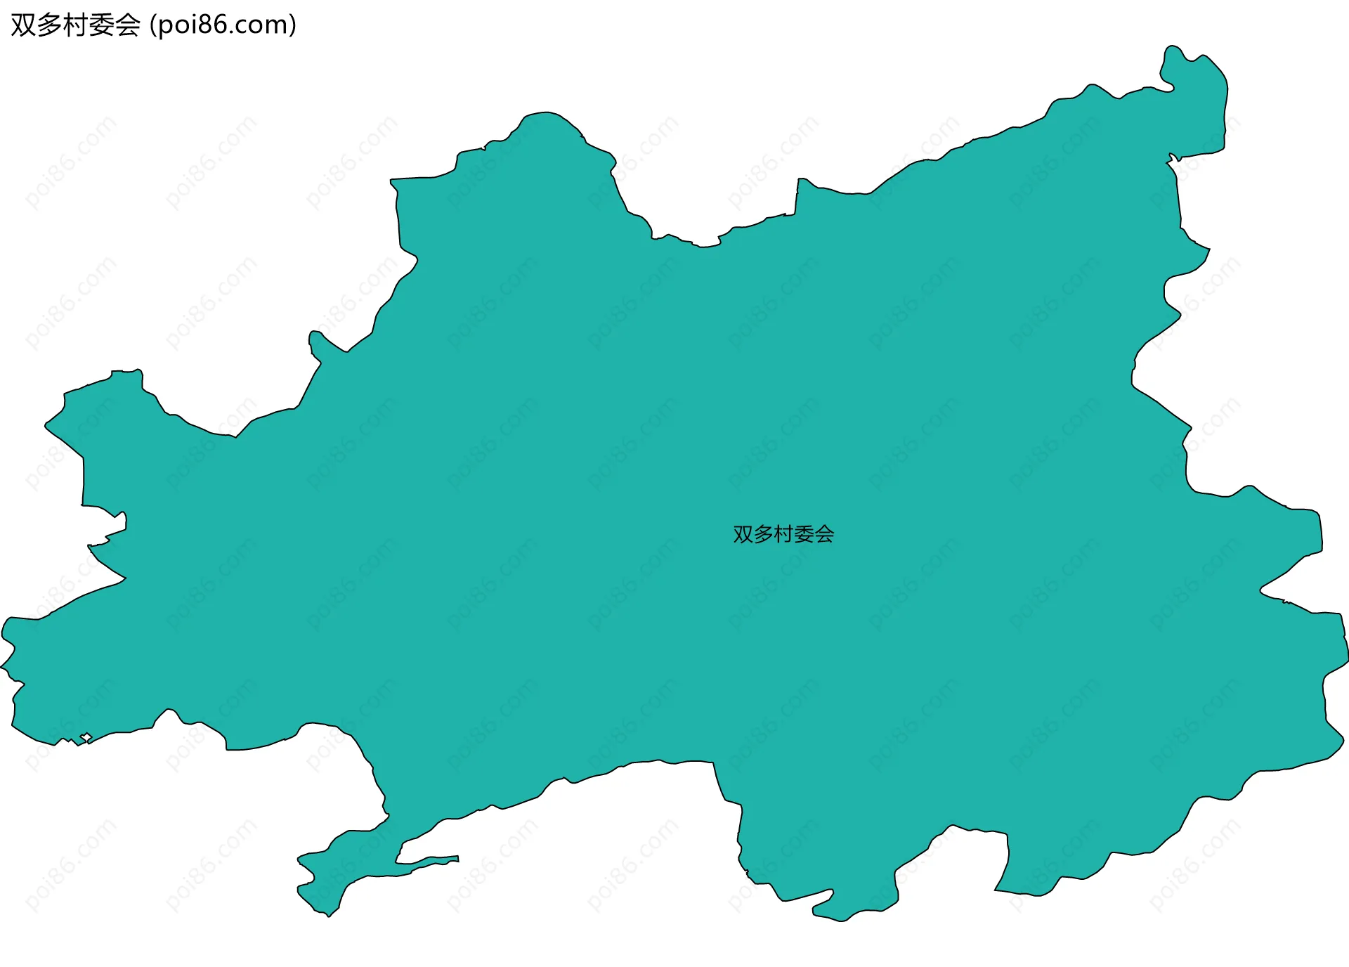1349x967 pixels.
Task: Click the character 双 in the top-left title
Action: [23, 25]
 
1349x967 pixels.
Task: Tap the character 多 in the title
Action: [49, 25]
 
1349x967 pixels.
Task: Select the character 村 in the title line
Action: [75, 25]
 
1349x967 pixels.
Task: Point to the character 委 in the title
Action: [101, 25]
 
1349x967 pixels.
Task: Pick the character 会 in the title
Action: [127, 25]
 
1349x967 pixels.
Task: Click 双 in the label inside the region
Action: [743, 534]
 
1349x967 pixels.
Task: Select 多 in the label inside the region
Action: [764, 534]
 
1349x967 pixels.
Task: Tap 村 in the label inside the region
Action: [784, 534]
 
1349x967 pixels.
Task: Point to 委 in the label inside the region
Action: [804, 534]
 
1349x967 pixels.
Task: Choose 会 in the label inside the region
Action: [825, 534]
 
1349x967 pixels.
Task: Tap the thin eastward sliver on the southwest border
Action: [436, 860]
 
